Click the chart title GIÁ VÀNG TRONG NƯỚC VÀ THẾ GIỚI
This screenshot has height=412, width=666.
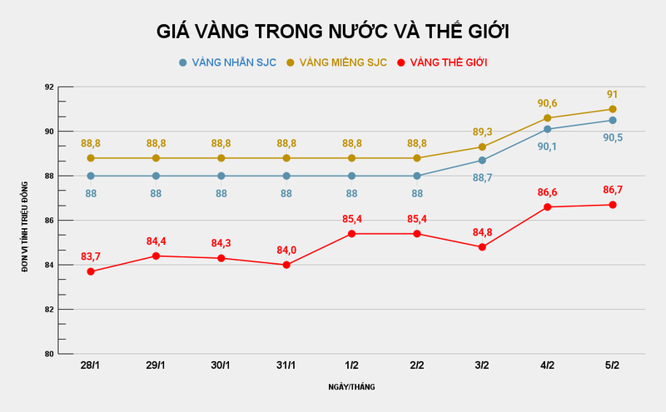333,32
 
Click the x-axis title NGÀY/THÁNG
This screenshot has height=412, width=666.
350,388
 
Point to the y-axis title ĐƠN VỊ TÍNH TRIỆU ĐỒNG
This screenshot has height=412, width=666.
25,225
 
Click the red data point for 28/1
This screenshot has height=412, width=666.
91,271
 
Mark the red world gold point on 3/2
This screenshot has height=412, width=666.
482,247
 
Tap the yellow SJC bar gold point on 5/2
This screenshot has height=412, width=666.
613,109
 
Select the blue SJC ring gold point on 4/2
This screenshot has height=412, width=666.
547,129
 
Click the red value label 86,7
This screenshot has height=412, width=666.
613,189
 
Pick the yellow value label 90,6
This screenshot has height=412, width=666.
547,103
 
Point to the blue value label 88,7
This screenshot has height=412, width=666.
482,177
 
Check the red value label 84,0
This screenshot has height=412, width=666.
286,250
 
